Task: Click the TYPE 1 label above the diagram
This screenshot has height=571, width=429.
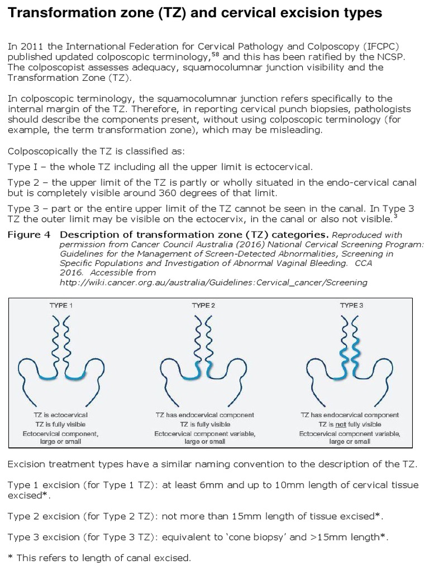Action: coord(61,305)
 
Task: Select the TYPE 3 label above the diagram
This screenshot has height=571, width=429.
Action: coord(351,305)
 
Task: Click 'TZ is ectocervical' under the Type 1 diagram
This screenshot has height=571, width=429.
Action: coord(61,415)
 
